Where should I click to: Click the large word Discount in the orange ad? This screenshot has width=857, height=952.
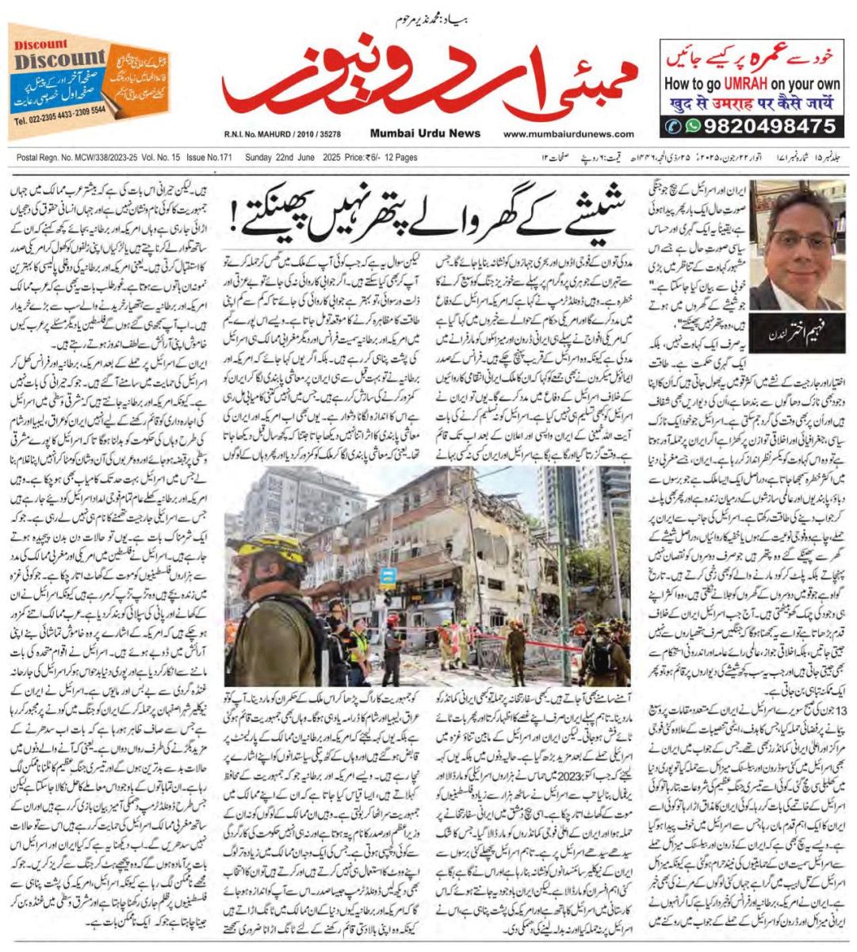[59, 59]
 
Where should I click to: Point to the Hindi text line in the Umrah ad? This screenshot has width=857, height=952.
[750, 102]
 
